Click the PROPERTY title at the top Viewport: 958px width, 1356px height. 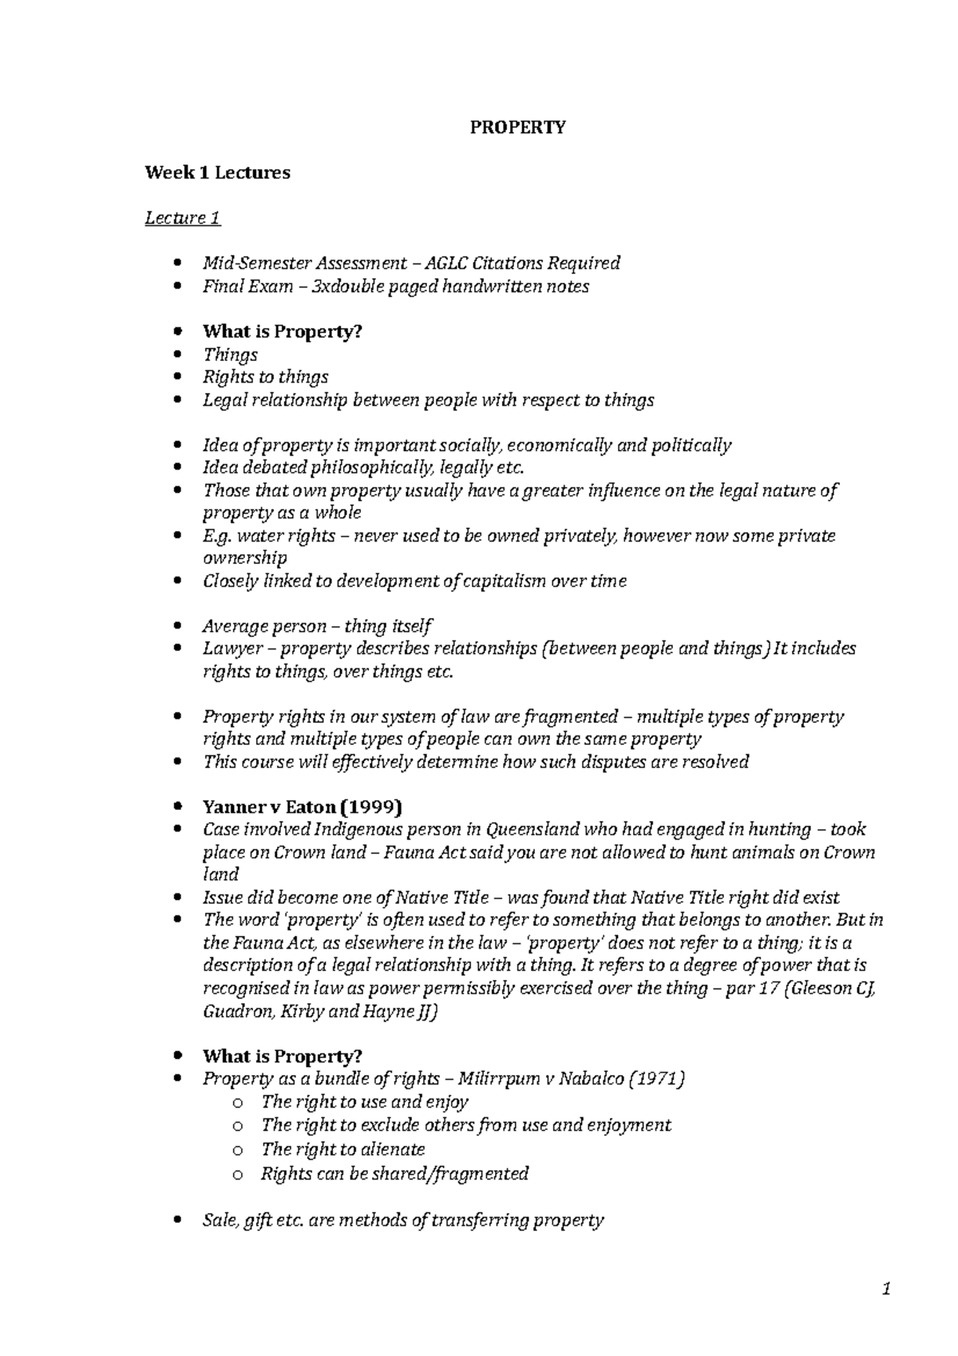(x=517, y=128)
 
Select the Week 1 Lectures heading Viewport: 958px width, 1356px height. (x=217, y=172)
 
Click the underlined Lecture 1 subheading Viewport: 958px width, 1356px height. (x=183, y=218)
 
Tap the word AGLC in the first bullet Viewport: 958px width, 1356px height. (x=446, y=263)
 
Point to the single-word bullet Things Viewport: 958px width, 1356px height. (x=230, y=355)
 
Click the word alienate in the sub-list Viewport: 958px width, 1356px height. (x=393, y=1149)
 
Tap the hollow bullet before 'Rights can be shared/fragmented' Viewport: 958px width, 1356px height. (x=236, y=1175)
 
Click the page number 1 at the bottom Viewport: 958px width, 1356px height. (x=885, y=1289)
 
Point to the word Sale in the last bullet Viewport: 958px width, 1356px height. (x=220, y=1219)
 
